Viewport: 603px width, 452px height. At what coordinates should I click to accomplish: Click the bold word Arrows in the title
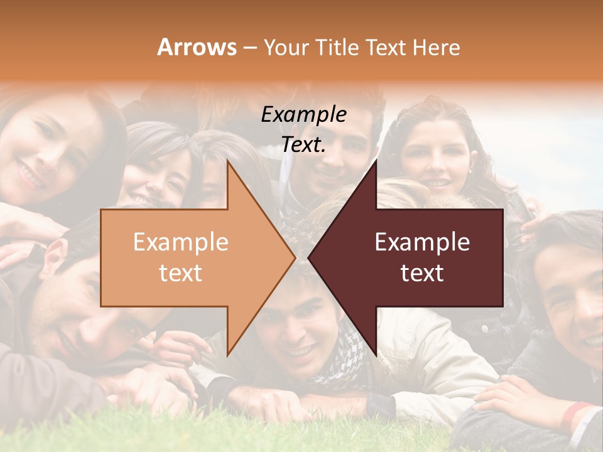tap(197, 47)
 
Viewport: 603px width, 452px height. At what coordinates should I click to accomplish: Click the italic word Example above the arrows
tap(303, 115)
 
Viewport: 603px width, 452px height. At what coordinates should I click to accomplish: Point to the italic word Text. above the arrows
tap(303, 144)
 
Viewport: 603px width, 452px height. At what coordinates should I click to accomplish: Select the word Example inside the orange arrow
tap(181, 242)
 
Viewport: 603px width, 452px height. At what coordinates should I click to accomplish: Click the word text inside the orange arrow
tap(181, 273)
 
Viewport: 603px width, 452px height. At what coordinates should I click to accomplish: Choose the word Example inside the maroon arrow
tap(422, 242)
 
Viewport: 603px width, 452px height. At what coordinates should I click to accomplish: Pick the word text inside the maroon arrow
tap(422, 273)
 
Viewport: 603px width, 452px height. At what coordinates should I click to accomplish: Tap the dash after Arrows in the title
tap(249, 48)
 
